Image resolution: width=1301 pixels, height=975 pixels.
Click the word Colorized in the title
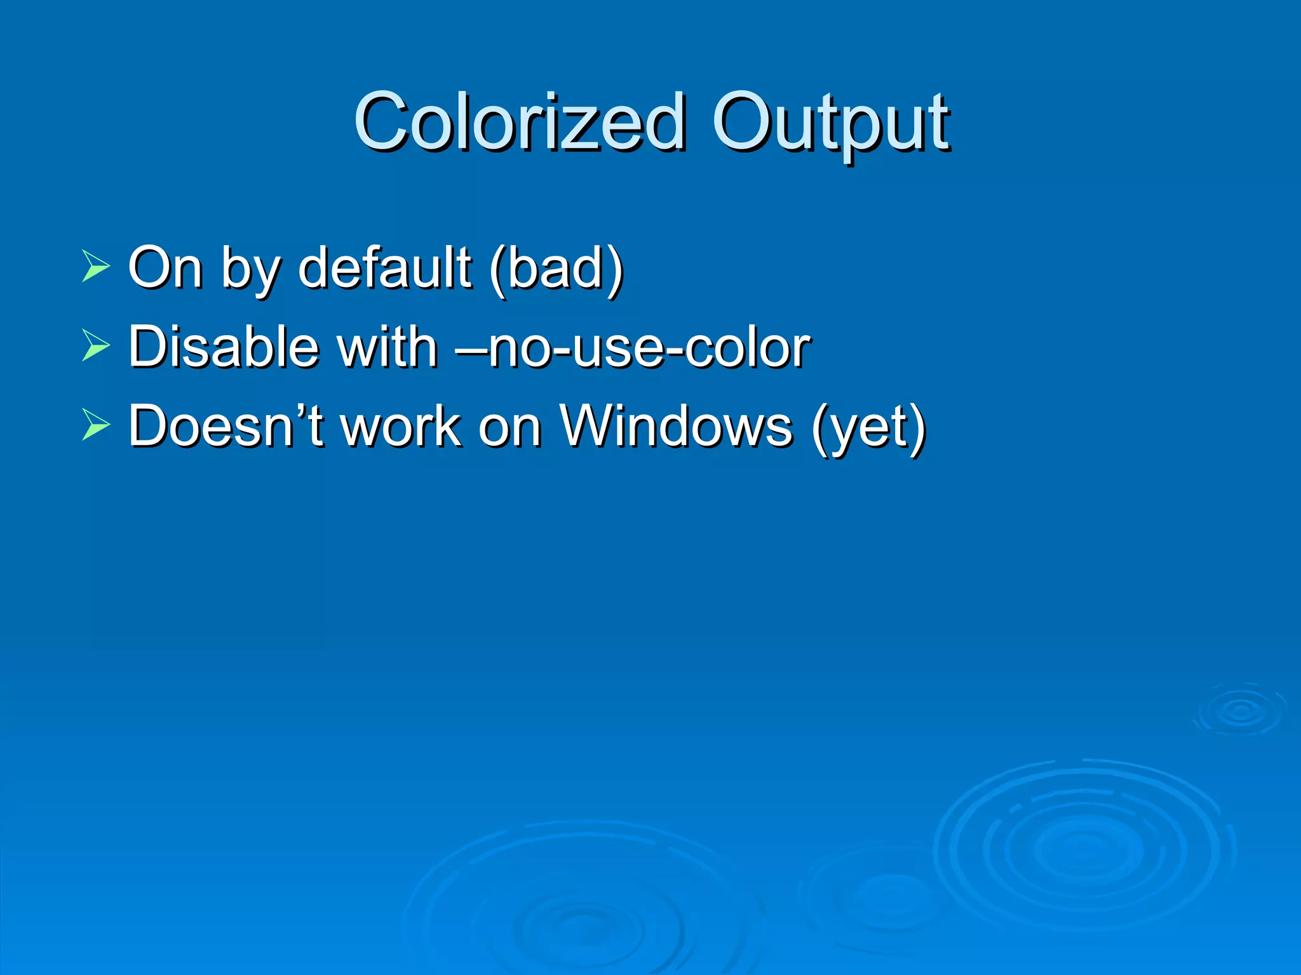[520, 122]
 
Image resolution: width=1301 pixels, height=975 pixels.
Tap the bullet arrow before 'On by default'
[96, 267]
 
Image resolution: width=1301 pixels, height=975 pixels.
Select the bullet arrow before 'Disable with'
[96, 347]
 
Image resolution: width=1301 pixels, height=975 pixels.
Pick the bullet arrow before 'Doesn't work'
[96, 426]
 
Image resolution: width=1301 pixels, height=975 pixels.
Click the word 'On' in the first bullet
[165, 267]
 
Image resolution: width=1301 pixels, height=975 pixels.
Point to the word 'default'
[385, 267]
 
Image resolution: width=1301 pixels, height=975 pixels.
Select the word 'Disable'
[223, 347]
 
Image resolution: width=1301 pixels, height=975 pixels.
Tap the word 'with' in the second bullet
[387, 347]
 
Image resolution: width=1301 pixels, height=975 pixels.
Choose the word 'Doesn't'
[226, 426]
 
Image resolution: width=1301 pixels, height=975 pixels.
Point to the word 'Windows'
[676, 426]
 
